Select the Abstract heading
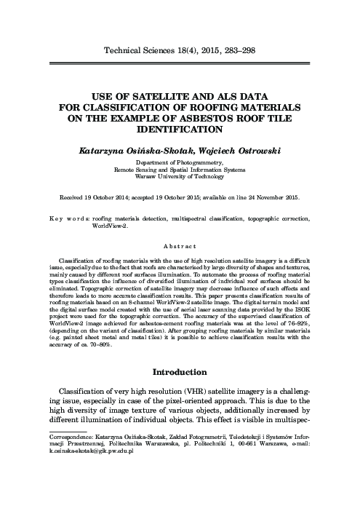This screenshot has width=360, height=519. pyautogui.click(x=179, y=246)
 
